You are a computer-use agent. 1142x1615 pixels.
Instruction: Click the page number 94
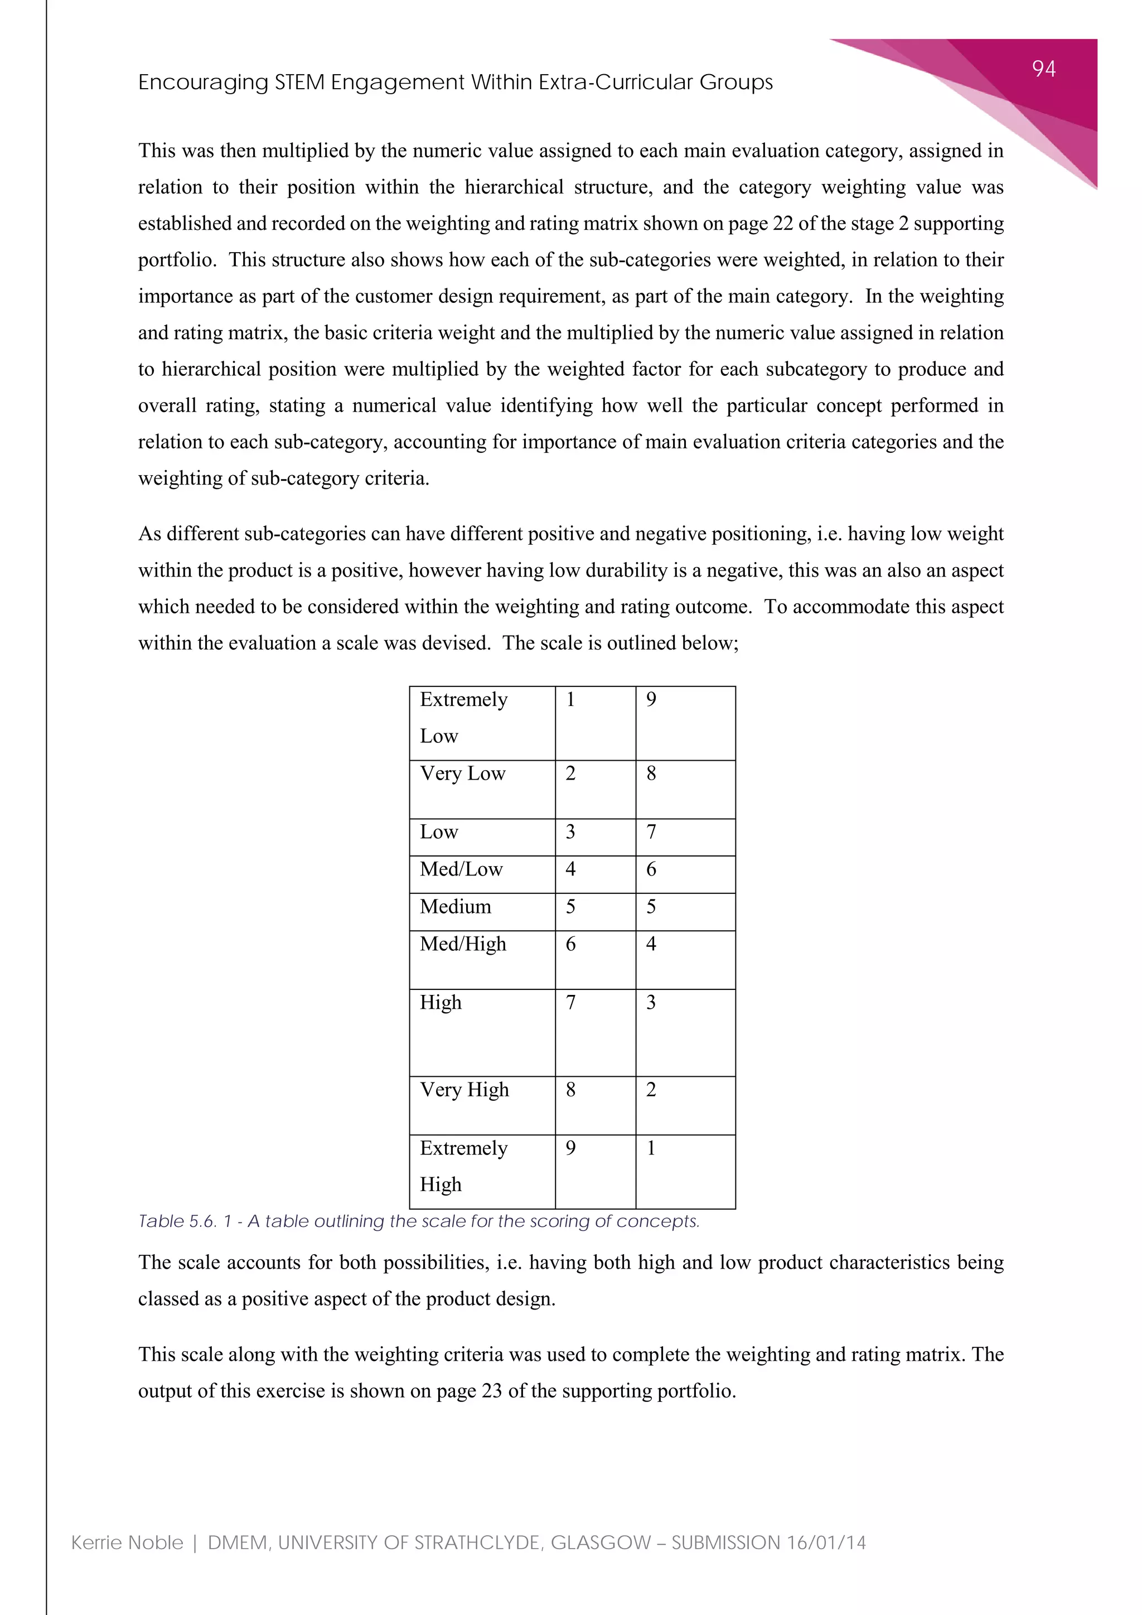tap(1043, 69)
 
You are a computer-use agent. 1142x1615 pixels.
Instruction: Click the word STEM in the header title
tap(299, 83)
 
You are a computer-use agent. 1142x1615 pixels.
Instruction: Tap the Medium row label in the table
tap(455, 907)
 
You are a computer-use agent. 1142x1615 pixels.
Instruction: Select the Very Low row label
tap(462, 773)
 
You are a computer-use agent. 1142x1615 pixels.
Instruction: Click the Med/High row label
tap(463, 944)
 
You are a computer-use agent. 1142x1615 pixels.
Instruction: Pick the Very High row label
tap(464, 1090)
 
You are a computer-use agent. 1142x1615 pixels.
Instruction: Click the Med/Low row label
tap(461, 869)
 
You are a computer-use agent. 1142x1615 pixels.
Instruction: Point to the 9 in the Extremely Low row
tap(651, 699)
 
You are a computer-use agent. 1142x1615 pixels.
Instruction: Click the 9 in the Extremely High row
tap(570, 1148)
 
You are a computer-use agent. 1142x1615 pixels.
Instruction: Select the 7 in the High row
tap(570, 1002)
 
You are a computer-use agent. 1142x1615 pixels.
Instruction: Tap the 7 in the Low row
tap(651, 832)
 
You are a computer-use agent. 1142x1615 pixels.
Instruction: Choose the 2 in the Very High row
tap(651, 1090)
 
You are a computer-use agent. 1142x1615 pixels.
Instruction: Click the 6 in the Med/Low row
tap(651, 869)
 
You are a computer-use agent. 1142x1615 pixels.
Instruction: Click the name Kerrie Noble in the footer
tap(127, 1543)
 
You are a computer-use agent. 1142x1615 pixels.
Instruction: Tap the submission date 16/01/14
tap(826, 1543)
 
